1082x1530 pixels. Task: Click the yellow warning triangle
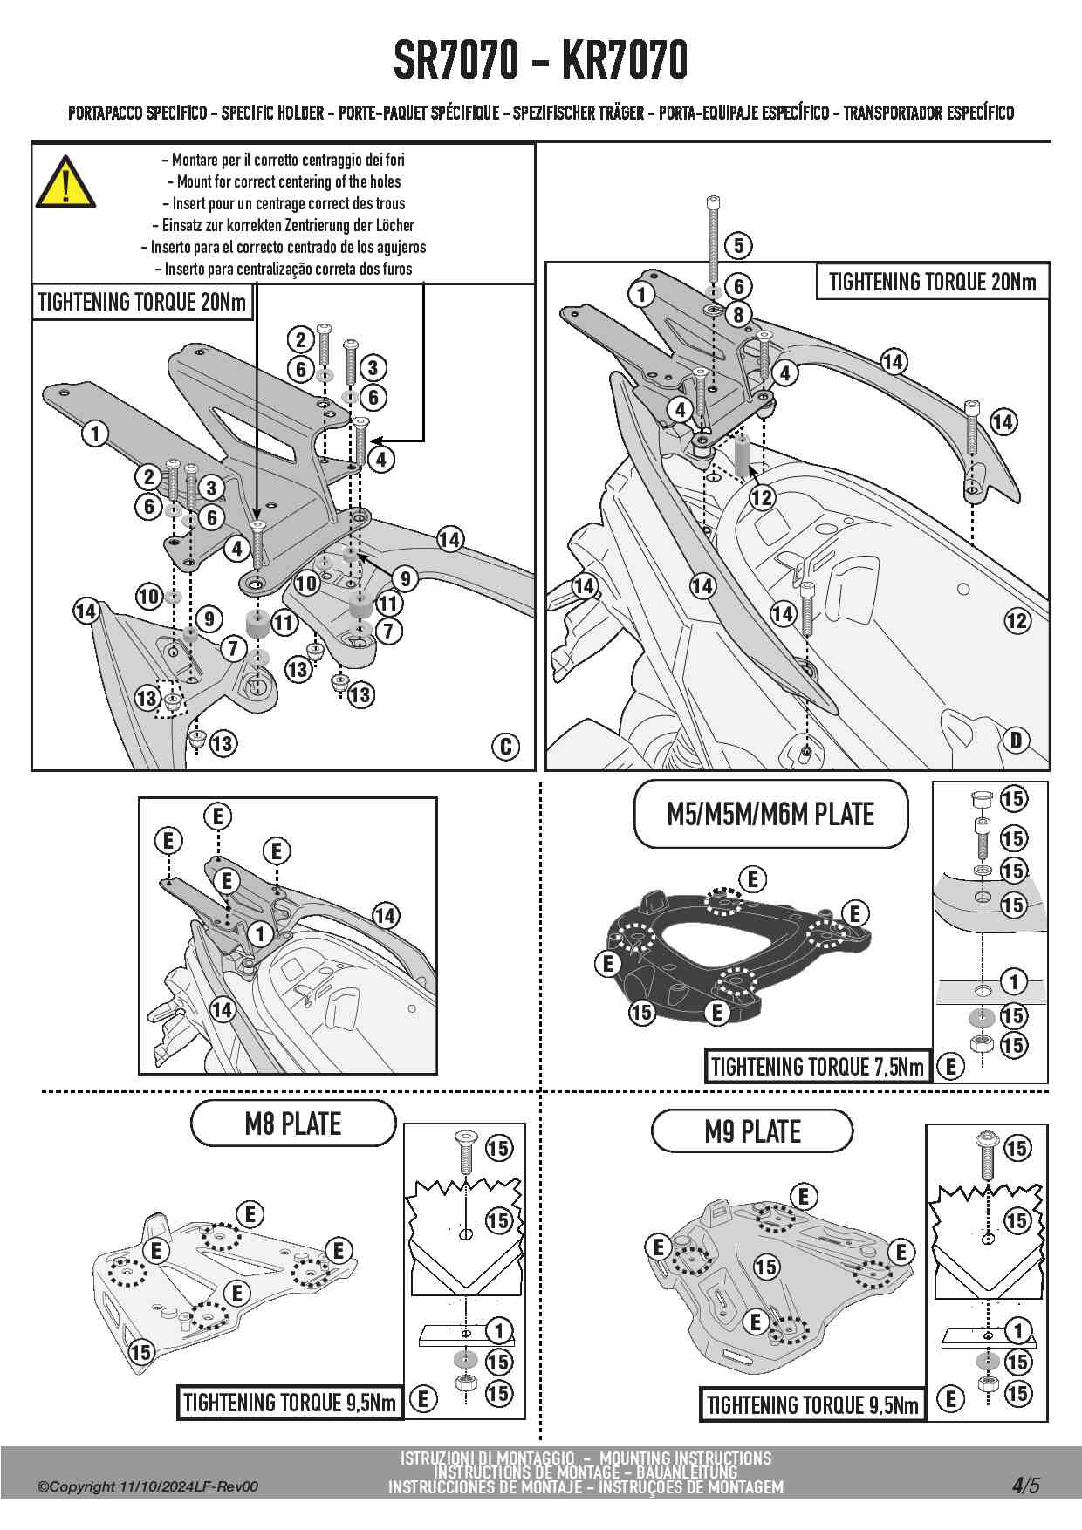point(65,181)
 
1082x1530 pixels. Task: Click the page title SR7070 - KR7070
point(541,60)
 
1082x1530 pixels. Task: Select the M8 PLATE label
point(293,1124)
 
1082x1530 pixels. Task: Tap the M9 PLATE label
point(752,1131)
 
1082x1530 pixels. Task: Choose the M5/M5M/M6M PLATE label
point(770,814)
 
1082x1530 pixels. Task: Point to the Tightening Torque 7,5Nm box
point(818,1066)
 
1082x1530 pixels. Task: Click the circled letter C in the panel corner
point(506,747)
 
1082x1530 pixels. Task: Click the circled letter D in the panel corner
point(1017,741)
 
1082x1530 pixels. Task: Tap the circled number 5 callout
point(738,245)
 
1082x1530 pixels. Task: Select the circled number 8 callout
point(738,315)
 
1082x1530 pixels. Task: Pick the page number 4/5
point(1026,1485)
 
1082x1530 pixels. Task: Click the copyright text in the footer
point(147,1486)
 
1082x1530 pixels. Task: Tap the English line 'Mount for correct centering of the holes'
point(289,181)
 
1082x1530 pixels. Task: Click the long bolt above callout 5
point(714,238)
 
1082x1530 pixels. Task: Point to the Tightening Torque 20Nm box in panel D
point(933,282)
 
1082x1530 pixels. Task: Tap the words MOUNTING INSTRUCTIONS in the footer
point(686,1458)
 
